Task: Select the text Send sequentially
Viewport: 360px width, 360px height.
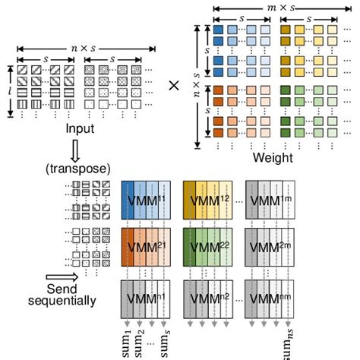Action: pos(69,295)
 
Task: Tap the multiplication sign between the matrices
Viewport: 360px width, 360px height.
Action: pos(174,85)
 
